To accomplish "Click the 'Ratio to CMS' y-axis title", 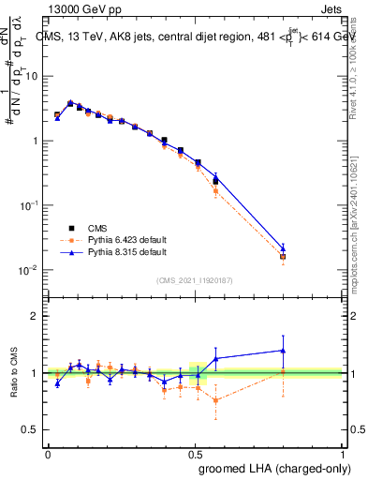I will (15, 373).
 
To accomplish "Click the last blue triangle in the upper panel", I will (309, 249).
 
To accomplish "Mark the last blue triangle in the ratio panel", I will (309, 351).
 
